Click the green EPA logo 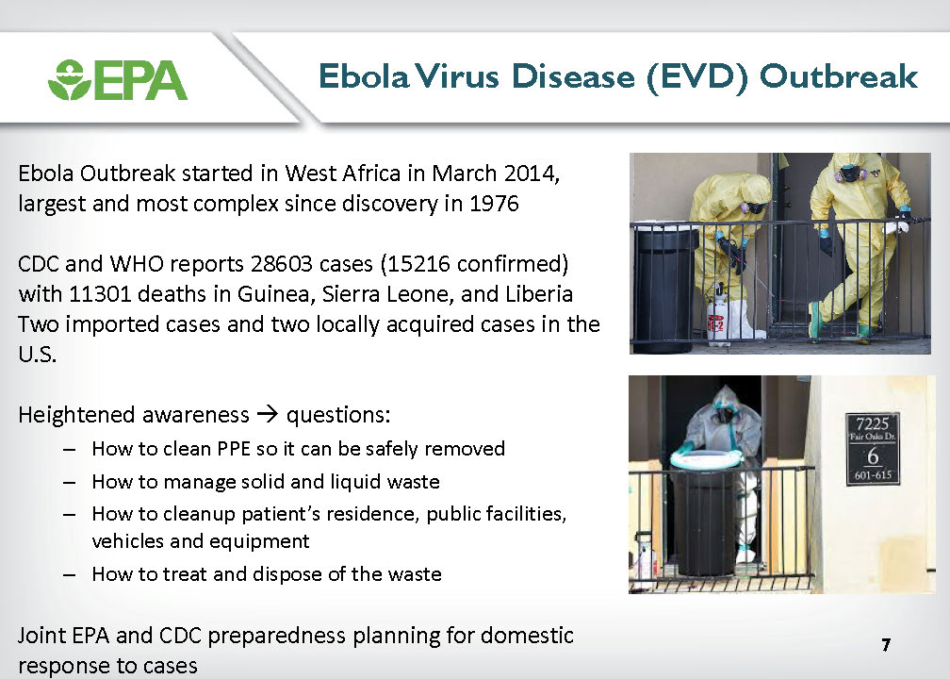[x=118, y=79]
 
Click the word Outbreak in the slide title [x=839, y=76]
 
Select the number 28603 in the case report [x=282, y=264]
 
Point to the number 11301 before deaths [x=101, y=294]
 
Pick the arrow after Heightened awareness [x=268, y=415]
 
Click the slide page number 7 [x=886, y=644]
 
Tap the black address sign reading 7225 [x=873, y=449]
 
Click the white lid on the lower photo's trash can [x=706, y=458]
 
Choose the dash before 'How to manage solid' [x=69, y=483]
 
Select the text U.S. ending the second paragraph [x=38, y=355]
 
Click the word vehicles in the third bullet [x=128, y=540]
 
